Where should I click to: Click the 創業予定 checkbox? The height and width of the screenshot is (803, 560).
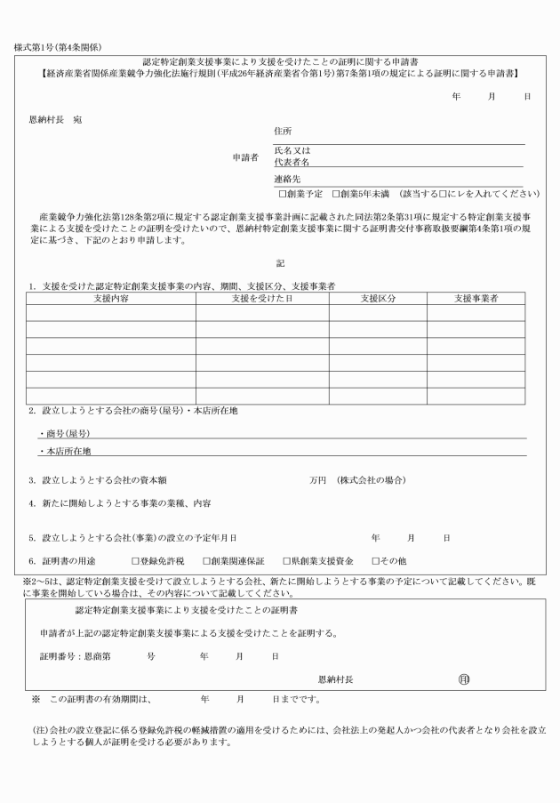282,193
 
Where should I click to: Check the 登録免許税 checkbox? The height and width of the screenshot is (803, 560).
135,562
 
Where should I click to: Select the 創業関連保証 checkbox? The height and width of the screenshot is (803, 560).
205,562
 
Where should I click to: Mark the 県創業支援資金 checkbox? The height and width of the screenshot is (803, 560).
286,562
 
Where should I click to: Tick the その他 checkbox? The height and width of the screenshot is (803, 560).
375,562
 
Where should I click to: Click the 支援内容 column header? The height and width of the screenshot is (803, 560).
110,299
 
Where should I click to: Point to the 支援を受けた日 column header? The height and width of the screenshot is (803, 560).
262,299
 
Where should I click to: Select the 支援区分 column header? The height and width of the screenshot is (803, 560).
378,299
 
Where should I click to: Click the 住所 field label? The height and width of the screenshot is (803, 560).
283,132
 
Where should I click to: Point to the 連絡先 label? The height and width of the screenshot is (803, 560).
287,179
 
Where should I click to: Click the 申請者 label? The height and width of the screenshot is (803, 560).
244,157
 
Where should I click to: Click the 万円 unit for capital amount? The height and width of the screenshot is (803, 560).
317,480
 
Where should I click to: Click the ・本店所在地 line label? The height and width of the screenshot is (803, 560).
70,451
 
